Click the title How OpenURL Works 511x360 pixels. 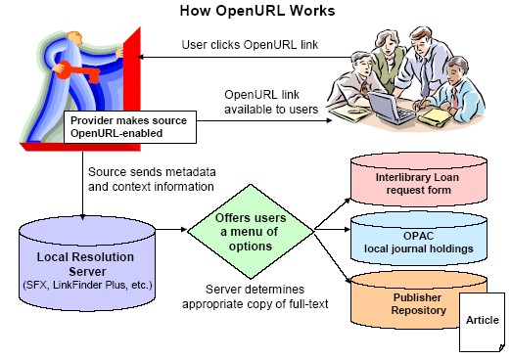tap(255, 11)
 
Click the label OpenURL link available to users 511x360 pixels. tap(269, 102)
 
